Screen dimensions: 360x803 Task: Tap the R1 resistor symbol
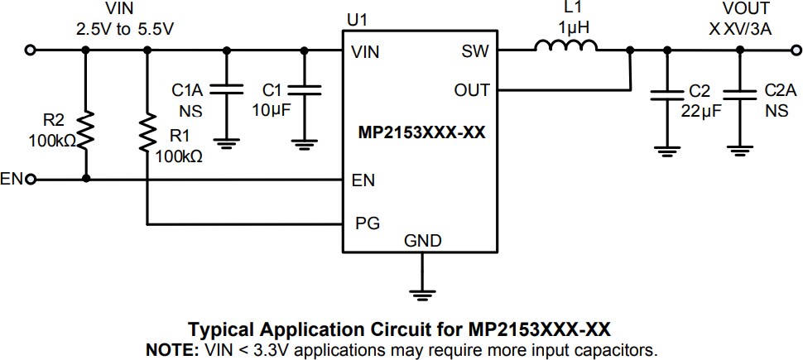(x=147, y=132)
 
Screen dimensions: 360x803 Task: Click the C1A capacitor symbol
(x=225, y=90)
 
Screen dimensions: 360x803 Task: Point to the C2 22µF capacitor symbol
(x=663, y=95)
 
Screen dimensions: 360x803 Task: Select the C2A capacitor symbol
(x=740, y=95)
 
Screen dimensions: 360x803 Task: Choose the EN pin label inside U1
(x=364, y=179)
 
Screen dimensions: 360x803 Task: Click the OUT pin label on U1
(x=472, y=90)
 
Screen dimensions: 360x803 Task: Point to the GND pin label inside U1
(x=422, y=241)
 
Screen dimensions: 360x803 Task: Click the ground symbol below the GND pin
(x=422, y=293)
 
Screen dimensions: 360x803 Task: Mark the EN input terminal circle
(x=31, y=179)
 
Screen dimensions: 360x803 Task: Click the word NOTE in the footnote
(x=171, y=349)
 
